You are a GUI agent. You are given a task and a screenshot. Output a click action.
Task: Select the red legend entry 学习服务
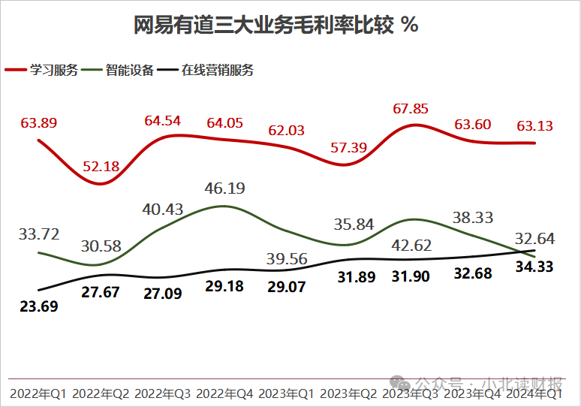tap(53, 71)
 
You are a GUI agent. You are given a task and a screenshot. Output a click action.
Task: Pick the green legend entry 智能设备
tap(130, 71)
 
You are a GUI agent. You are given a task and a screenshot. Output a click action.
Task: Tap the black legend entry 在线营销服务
tap(217, 71)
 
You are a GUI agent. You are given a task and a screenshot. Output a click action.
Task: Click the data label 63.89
tap(39, 122)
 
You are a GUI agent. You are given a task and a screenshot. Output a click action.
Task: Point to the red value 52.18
tap(101, 167)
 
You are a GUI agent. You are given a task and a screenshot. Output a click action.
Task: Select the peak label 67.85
tap(411, 109)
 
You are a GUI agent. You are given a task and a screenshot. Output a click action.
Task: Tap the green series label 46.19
tap(225, 188)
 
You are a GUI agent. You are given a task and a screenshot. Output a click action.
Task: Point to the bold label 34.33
tap(534, 267)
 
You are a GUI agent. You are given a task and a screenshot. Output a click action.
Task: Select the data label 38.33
tap(473, 218)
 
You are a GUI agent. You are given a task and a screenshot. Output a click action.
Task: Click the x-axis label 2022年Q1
tap(38, 393)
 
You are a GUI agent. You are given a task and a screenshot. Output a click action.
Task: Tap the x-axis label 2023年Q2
tap(348, 393)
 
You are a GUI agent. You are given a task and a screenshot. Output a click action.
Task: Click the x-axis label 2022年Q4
tap(224, 393)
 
